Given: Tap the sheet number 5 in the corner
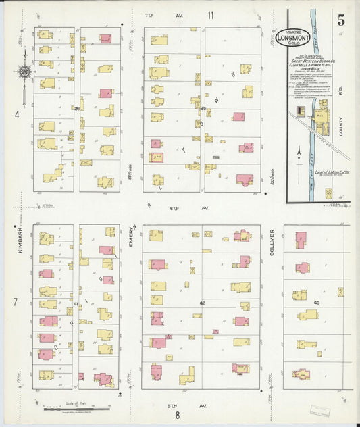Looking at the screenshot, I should [342, 18].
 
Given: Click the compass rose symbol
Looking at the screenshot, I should [24, 71].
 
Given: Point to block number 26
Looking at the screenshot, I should [77, 108].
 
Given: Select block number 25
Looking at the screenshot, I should [203, 108].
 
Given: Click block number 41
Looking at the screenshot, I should [76, 304].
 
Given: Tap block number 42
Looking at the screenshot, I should [201, 304].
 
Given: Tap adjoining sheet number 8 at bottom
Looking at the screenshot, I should [178, 415].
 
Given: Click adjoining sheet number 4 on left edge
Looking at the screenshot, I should [17, 114].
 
